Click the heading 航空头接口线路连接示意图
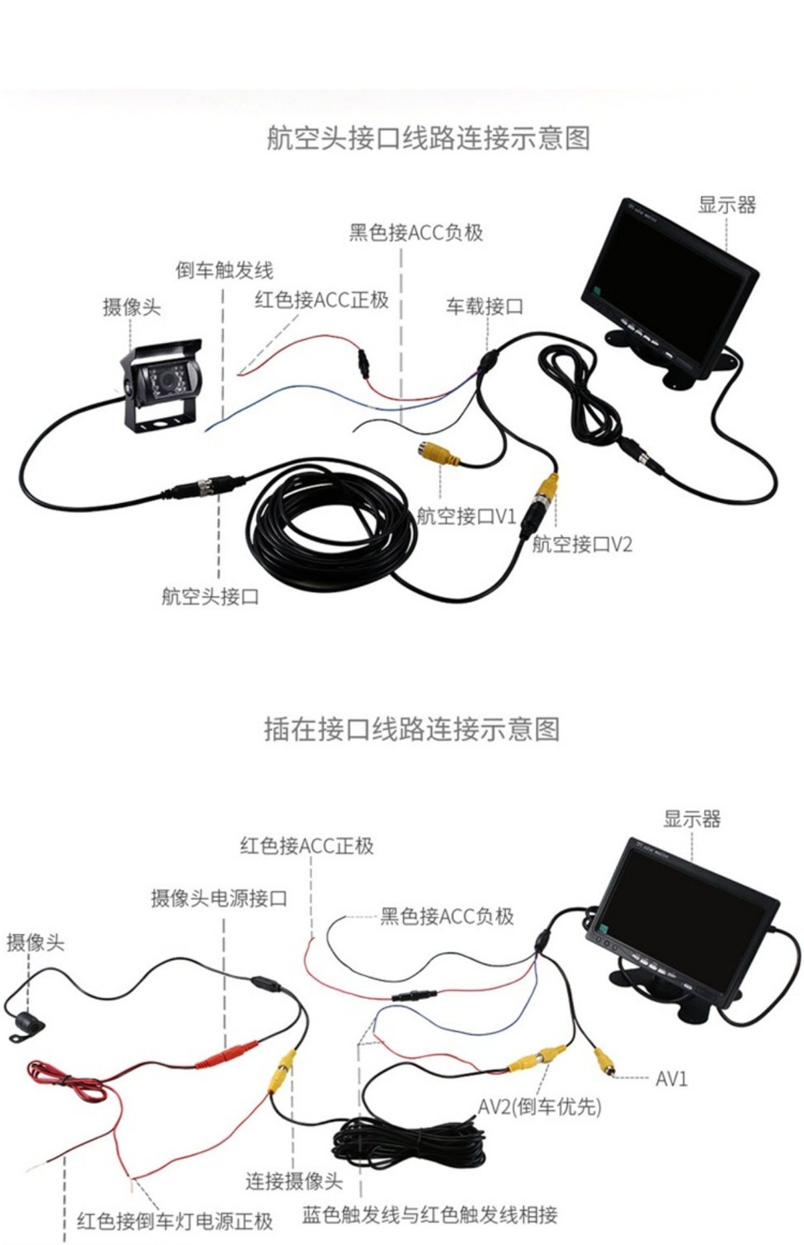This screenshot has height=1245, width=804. coord(428,139)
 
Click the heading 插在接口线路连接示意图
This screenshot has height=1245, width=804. coord(412,729)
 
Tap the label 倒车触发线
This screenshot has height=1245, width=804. coord(224,270)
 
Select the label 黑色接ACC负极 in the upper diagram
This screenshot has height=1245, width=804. coord(416,232)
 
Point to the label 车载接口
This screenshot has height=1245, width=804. coord(484,306)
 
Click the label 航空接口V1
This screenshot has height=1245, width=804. coord(466,517)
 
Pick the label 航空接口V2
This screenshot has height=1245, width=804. coord(582,544)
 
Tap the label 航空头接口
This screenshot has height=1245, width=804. coord(210,596)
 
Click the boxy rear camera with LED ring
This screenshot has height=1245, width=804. coord(162,386)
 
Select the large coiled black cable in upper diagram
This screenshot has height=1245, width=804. coord(331,525)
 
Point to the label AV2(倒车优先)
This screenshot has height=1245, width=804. coord(539,1106)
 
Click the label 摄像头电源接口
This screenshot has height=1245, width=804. coord(219,898)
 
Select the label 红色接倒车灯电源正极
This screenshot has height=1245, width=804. coord(174,1221)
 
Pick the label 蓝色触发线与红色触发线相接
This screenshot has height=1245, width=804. coord(429,1215)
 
